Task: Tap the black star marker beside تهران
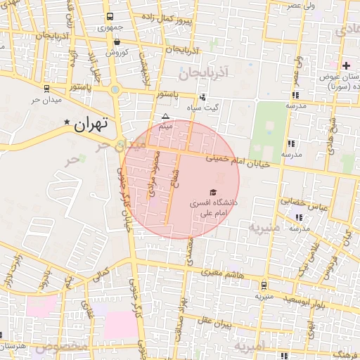[67, 122]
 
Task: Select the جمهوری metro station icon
[110, 17]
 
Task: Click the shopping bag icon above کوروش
[117, 42]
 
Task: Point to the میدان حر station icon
[46, 89]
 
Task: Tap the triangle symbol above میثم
[165, 117]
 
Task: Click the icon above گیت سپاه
[202, 98]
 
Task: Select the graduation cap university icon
[212, 192]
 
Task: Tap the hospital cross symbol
[345, 65]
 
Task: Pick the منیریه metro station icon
[264, 285]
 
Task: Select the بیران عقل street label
[214, 324]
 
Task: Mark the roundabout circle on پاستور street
[115, 89]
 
